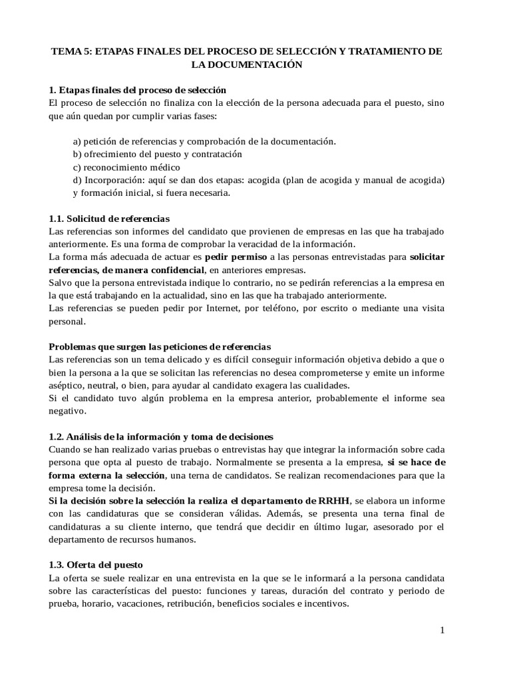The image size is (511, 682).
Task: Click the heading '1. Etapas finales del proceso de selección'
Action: [x=138, y=90]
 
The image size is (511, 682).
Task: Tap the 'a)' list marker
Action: [x=77, y=141]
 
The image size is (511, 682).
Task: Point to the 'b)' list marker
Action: [x=77, y=154]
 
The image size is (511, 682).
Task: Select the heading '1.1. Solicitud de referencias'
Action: [x=110, y=218]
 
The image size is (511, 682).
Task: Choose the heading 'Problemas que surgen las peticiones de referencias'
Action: [x=160, y=347]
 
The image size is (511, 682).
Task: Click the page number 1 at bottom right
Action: [x=441, y=631]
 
